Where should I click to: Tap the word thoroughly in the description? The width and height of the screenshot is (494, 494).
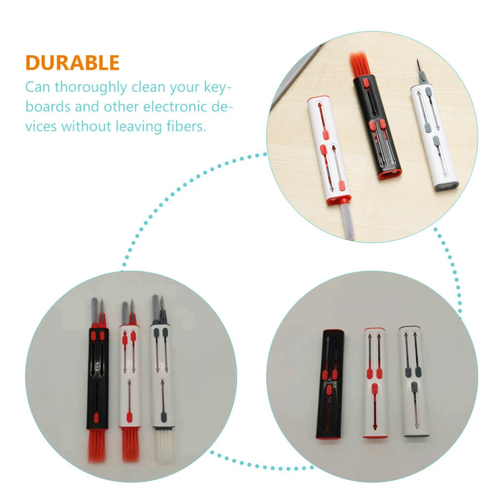[91, 87]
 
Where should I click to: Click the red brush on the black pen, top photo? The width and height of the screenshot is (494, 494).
[360, 65]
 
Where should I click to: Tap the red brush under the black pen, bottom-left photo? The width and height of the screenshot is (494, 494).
[97, 446]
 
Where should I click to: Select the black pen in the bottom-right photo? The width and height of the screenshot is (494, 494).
[329, 384]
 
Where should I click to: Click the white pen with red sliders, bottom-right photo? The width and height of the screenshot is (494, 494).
[374, 383]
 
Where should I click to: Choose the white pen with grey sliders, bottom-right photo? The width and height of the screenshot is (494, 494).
[414, 381]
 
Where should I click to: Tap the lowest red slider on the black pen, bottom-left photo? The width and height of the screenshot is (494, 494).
[96, 418]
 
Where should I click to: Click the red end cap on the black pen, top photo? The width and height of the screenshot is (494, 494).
[390, 174]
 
